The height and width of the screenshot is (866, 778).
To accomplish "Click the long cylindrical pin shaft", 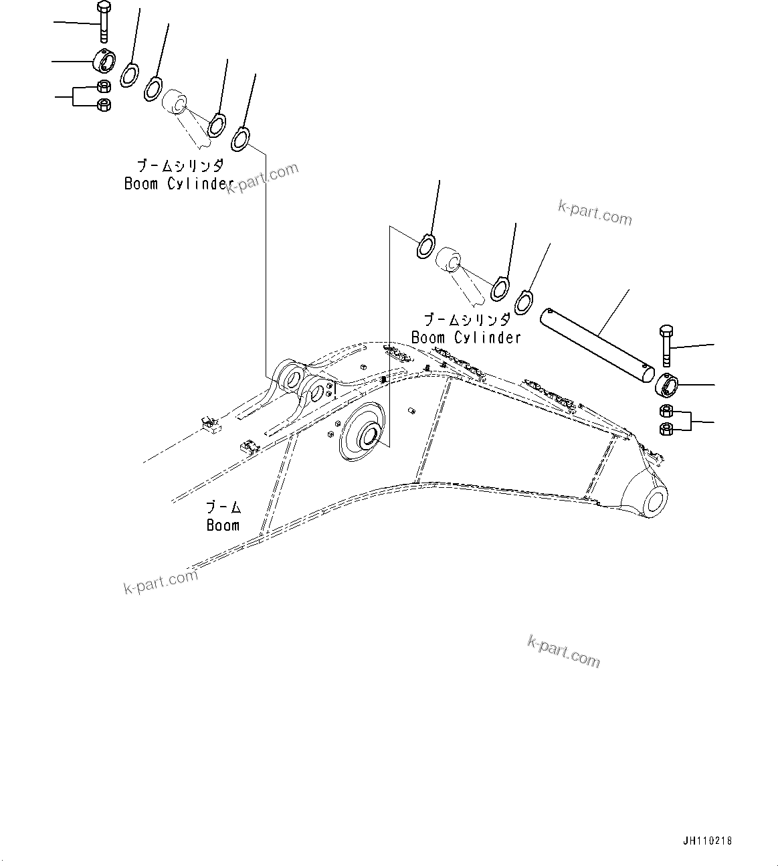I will tap(599, 345).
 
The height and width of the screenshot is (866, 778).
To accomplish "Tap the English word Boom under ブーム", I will tap(223, 525).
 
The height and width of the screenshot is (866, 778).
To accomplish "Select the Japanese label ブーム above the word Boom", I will tap(223, 508).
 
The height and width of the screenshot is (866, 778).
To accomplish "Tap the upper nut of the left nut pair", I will tap(104, 86).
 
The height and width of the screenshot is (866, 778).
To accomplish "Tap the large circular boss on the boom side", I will tap(363, 433).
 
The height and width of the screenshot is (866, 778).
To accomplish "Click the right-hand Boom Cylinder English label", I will tap(466, 338).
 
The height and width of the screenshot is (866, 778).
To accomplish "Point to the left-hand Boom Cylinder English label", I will tap(179, 183).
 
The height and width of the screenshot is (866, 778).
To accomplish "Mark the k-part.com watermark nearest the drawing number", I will tap(563, 651).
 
